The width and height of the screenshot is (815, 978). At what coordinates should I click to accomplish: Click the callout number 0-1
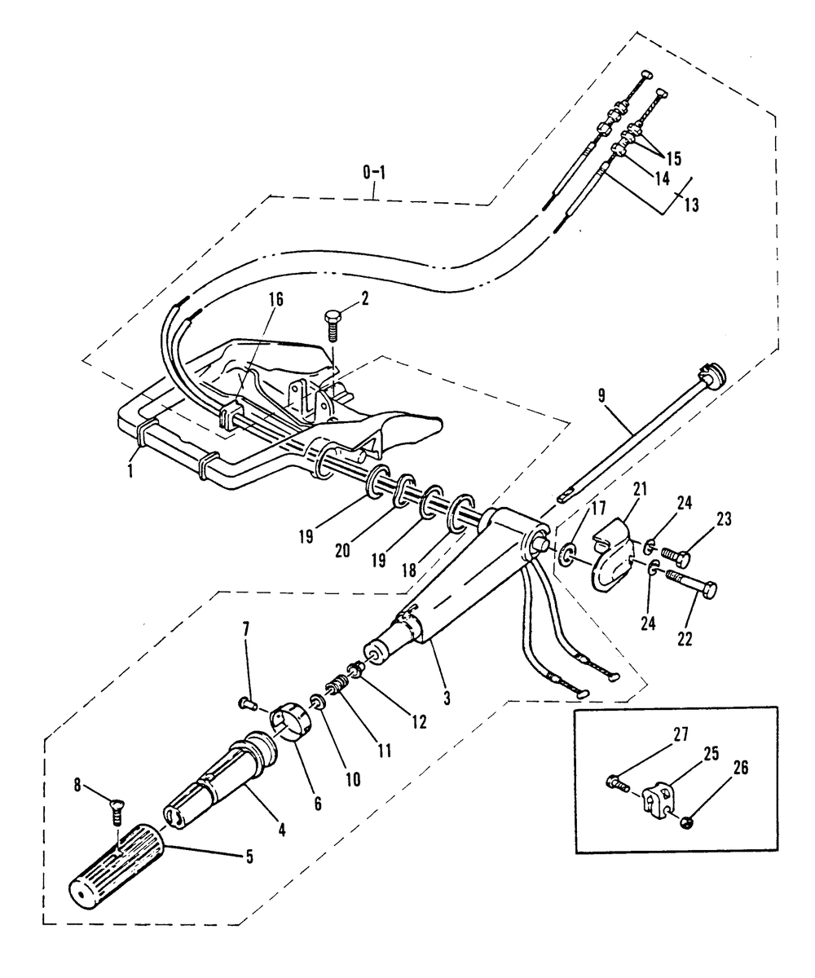tap(374, 173)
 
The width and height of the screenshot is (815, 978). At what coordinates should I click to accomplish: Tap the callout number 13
tap(691, 205)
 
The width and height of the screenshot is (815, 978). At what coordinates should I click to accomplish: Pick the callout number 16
tap(276, 299)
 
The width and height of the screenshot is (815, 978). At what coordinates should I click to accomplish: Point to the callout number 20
tap(342, 551)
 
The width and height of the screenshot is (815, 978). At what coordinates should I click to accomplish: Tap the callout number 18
tap(409, 570)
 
